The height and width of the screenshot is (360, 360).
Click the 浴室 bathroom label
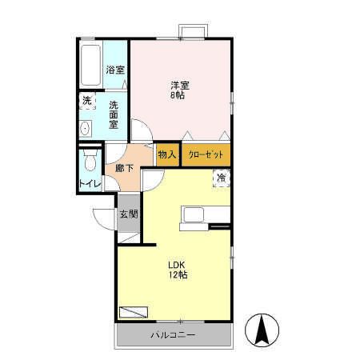click(x=115, y=70)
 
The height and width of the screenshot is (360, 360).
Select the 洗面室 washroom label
click(x=114, y=114)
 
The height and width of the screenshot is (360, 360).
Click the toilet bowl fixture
click(x=90, y=162)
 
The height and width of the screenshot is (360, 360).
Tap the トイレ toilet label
click(x=90, y=184)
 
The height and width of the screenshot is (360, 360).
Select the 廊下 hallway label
click(x=124, y=169)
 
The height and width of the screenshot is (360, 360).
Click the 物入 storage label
click(x=166, y=154)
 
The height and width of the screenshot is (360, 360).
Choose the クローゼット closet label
click(x=206, y=154)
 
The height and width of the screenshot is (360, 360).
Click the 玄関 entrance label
click(x=129, y=214)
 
